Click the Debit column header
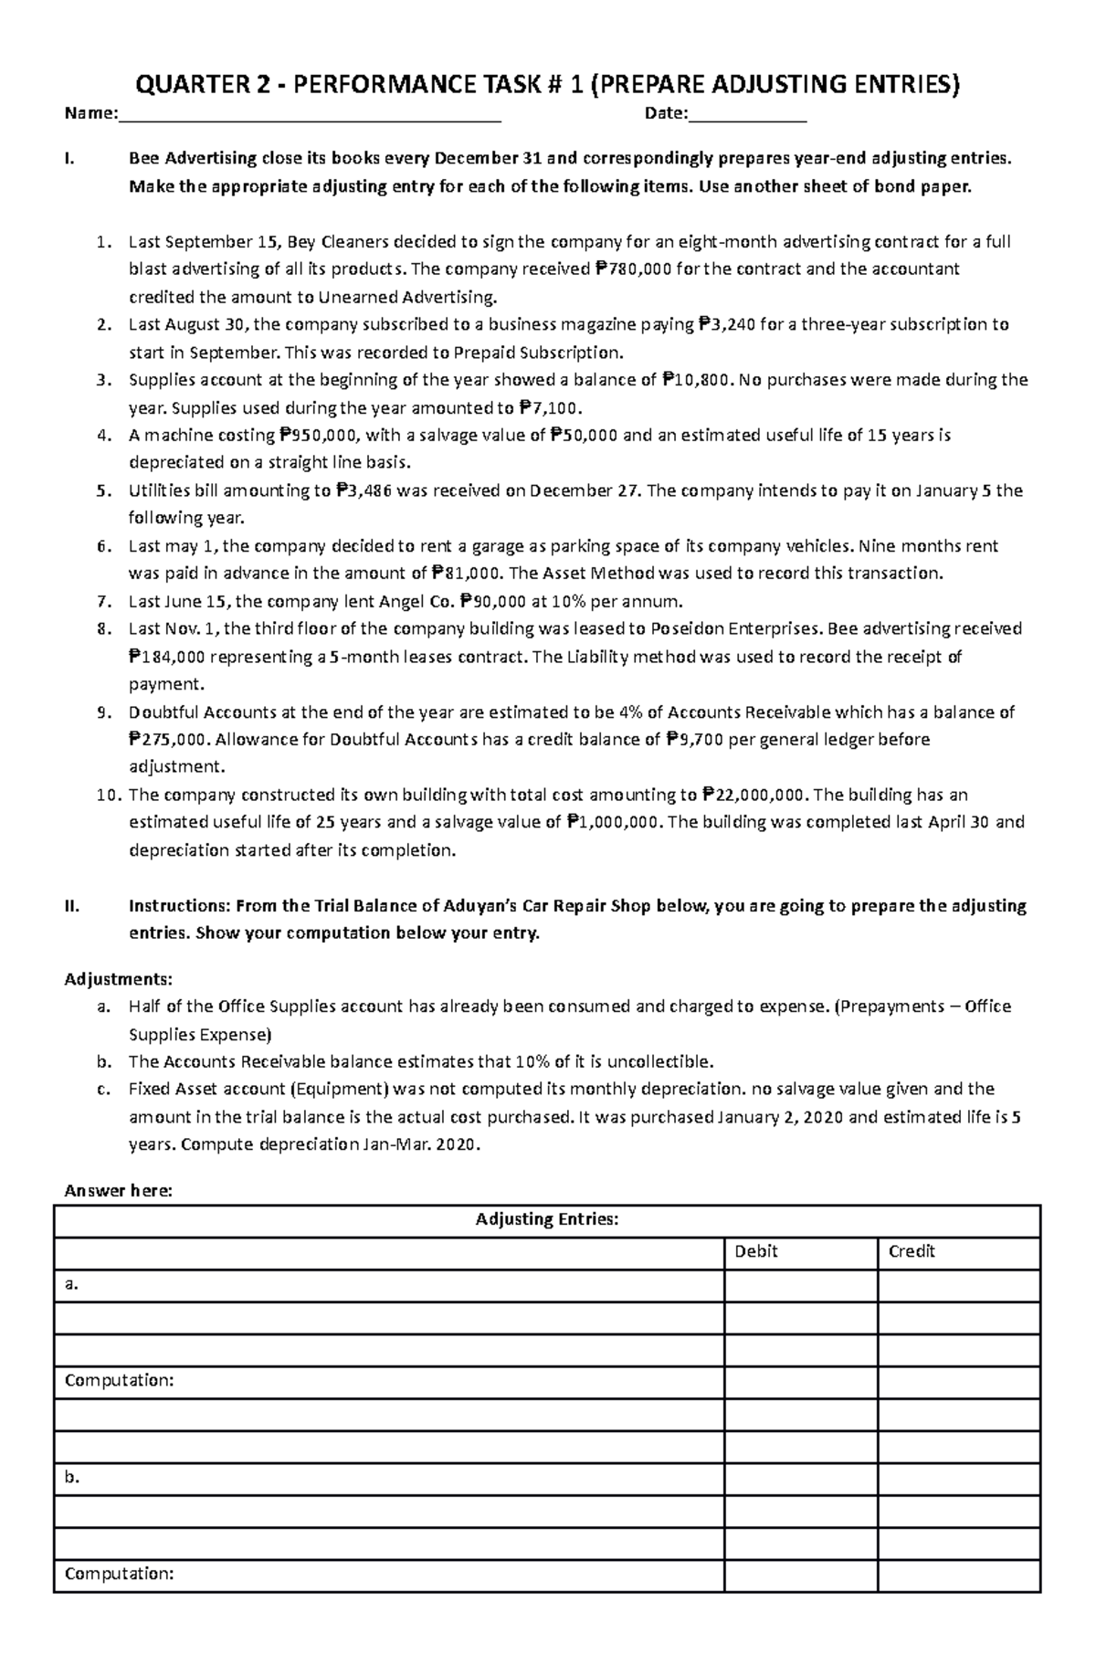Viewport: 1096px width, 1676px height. (756, 1252)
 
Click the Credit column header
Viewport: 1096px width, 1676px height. (912, 1252)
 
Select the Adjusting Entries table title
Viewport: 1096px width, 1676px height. (547, 1219)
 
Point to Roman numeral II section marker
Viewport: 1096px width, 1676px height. (71, 907)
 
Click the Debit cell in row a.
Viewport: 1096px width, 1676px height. (801, 1285)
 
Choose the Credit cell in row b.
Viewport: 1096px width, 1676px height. (959, 1478)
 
